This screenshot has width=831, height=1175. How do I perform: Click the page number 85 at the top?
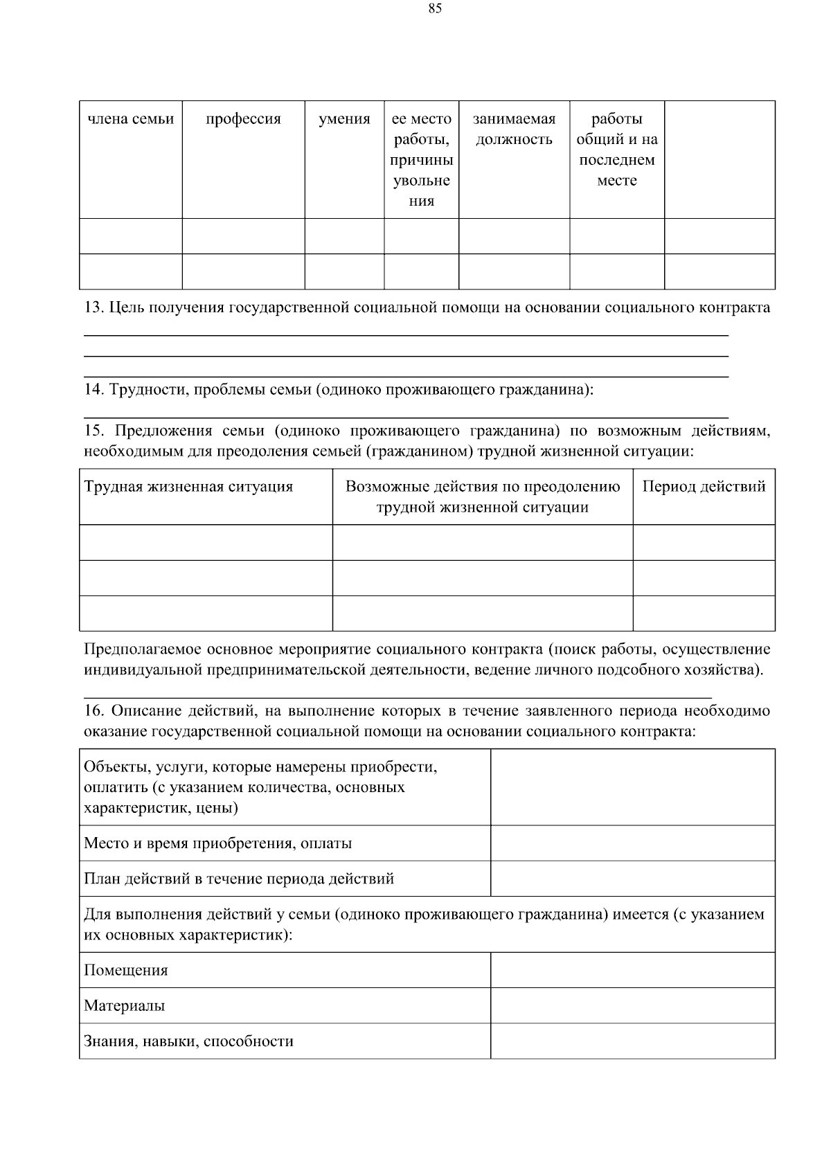tap(435, 9)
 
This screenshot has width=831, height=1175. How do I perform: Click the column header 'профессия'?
tap(243, 119)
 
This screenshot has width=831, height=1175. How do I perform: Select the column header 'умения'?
tap(344, 119)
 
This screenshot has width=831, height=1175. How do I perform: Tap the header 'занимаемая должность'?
tap(514, 129)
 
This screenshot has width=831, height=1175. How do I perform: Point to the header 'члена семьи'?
tap(131, 119)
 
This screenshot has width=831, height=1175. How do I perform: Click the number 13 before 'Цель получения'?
tap(93, 308)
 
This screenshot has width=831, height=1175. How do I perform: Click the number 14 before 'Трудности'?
tap(93, 390)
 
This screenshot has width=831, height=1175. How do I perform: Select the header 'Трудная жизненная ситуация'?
tap(188, 487)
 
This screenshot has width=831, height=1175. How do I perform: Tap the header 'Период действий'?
tap(704, 487)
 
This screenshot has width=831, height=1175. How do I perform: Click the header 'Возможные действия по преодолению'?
tap(483, 487)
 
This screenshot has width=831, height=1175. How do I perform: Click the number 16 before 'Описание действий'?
tap(93, 711)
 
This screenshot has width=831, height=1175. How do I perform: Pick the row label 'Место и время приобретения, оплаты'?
tap(217, 843)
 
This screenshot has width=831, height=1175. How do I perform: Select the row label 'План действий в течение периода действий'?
tap(239, 879)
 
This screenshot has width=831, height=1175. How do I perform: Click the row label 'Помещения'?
tap(126, 971)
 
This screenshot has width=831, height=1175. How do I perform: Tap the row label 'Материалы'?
tap(125, 1006)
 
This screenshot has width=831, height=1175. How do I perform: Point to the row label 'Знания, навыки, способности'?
tap(188, 1041)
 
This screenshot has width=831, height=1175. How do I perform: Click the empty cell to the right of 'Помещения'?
tap(632, 970)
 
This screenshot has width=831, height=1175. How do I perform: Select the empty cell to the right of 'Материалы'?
tap(632, 1005)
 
